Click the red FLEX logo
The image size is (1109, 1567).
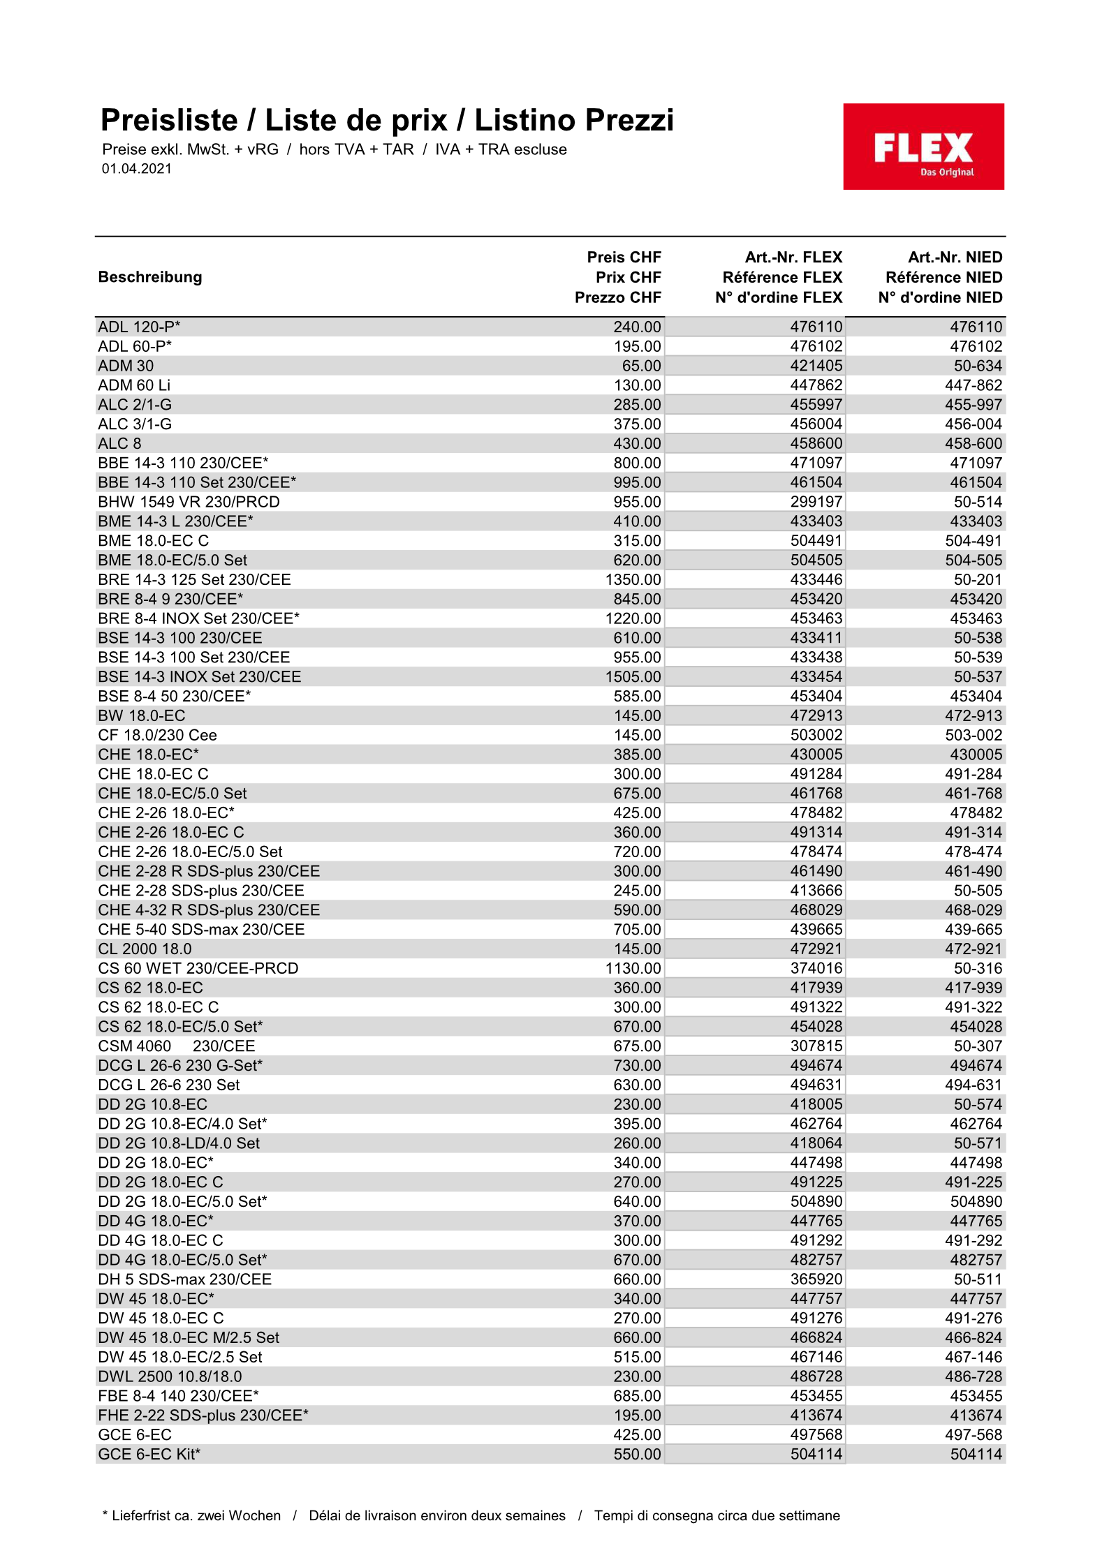tap(923, 147)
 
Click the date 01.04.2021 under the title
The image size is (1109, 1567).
tap(137, 168)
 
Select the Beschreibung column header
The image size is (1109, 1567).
tap(150, 277)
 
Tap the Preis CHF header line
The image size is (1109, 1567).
tap(624, 258)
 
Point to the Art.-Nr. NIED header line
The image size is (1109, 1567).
tap(955, 258)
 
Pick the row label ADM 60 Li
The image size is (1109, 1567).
tap(134, 385)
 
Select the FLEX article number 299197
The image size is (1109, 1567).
tap(816, 502)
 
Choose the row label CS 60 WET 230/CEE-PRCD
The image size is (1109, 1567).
tap(198, 968)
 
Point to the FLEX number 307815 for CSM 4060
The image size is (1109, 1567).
tap(816, 1046)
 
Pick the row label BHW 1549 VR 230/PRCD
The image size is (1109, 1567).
tap(189, 502)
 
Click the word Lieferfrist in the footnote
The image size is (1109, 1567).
tap(143, 1515)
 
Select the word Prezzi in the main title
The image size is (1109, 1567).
tap(629, 120)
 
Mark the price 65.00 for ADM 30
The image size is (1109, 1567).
tap(641, 366)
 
